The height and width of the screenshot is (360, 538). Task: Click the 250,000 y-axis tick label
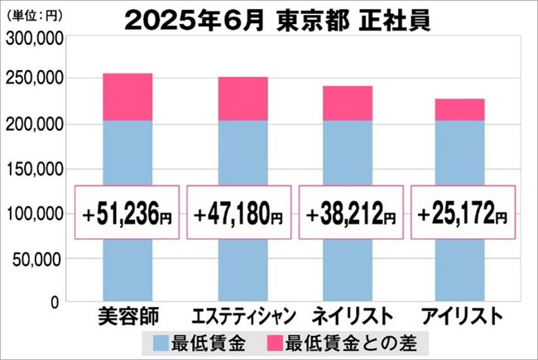(x=33, y=79)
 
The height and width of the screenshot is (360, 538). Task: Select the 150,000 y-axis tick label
(x=33, y=169)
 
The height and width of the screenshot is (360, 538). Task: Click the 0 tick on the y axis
(x=55, y=303)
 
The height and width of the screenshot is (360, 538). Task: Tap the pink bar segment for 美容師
(x=127, y=97)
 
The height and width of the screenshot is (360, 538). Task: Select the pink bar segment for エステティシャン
(x=243, y=98)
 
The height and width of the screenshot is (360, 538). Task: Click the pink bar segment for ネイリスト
(x=348, y=103)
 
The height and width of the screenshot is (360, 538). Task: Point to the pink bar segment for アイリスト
(x=460, y=110)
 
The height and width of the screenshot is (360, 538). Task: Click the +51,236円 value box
(x=128, y=214)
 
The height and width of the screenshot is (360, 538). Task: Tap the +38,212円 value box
(x=351, y=214)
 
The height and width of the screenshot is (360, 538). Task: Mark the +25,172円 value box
(x=463, y=214)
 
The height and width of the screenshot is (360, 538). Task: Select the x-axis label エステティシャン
(x=240, y=317)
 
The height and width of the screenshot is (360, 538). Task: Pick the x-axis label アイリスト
(x=462, y=317)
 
